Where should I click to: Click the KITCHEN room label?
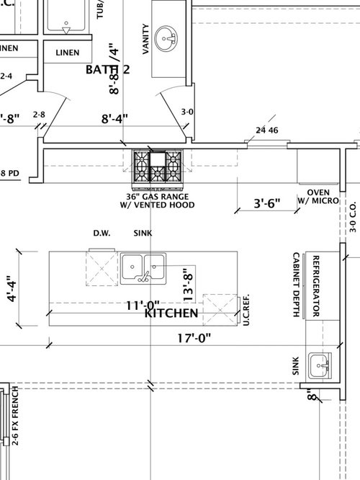pos(171,314)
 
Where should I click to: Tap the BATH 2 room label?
pos(108,69)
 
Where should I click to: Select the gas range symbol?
pos(158,166)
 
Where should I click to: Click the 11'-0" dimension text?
pos(142,305)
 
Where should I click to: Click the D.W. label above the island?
pos(101,233)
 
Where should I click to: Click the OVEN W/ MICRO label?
pos(318,196)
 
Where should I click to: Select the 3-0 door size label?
pos(186,112)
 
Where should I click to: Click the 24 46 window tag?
pos(266,130)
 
